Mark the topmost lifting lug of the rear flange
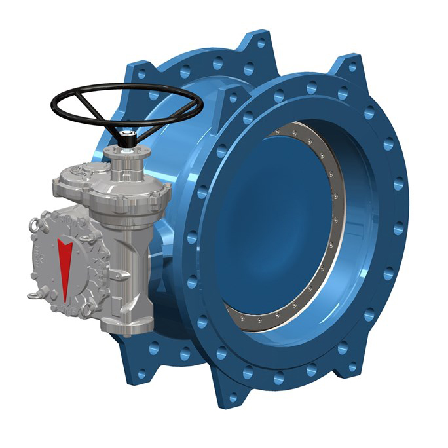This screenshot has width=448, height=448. click(x=258, y=43)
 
